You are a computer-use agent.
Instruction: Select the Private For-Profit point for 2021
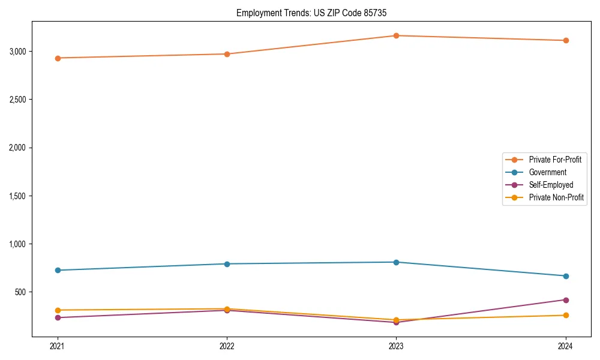point(58,58)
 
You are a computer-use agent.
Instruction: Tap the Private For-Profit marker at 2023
point(396,36)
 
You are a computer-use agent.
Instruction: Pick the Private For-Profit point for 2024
point(566,41)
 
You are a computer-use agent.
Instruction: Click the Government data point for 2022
point(227,264)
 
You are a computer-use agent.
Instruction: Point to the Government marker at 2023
point(396,262)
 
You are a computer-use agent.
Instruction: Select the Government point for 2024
point(566,276)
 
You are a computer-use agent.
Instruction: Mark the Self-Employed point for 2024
point(566,300)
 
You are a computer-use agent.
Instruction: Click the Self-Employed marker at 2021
point(58,317)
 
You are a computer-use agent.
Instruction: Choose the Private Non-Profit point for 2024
point(566,315)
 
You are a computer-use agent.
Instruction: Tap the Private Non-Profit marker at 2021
point(58,310)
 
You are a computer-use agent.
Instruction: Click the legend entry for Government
point(547,172)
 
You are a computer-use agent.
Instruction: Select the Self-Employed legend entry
point(551,185)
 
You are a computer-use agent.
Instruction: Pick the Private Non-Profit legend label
point(556,197)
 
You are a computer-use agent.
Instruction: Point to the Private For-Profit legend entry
point(555,160)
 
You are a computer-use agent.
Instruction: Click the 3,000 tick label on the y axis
point(17,52)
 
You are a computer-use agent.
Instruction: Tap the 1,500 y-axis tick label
point(17,196)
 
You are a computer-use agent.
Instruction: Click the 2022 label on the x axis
point(227,346)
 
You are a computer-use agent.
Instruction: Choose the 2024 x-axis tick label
point(566,346)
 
